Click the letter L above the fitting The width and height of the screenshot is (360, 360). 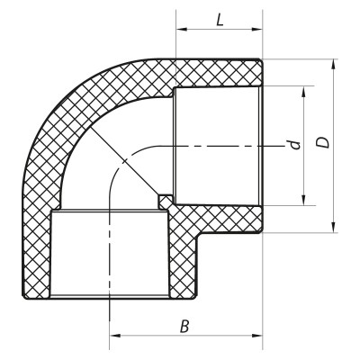pos(220,18)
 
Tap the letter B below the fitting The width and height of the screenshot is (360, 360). pos(184,326)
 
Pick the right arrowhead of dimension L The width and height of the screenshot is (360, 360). pos(259,30)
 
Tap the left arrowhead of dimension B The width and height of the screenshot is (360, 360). pos(113,339)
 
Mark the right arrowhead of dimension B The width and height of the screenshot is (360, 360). pos(259,339)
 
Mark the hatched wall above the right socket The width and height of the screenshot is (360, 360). pos(216,73)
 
